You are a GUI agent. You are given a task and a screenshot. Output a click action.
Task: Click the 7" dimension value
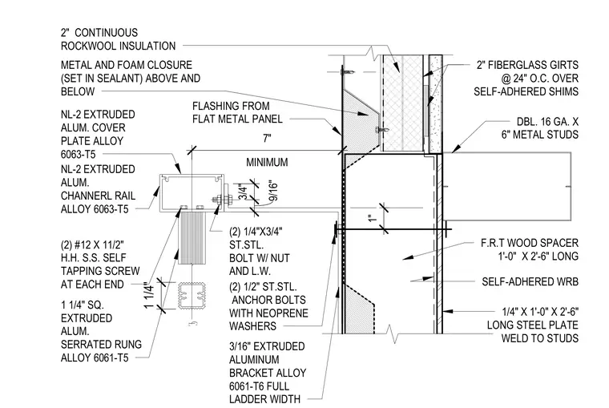[267, 139]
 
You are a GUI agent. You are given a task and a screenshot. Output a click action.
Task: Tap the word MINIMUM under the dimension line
[267, 162]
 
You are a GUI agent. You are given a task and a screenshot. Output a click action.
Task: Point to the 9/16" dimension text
[273, 191]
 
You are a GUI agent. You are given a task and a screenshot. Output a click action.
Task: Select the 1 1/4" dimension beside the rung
[149, 295]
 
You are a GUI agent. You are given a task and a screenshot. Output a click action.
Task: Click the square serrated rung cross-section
[192, 295]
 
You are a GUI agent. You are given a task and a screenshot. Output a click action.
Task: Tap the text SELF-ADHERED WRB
[530, 281]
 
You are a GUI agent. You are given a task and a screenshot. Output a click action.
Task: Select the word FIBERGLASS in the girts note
[515, 65]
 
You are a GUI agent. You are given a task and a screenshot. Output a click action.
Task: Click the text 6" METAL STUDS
[540, 135]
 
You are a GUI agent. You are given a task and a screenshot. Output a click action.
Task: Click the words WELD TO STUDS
[540, 338]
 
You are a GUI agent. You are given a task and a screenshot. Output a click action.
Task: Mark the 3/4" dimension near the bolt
[243, 192]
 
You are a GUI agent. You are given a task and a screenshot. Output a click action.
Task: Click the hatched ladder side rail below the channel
[192, 237]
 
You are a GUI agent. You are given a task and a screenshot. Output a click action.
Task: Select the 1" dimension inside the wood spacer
[373, 218]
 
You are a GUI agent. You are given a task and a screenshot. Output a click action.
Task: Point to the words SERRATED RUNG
[102, 344]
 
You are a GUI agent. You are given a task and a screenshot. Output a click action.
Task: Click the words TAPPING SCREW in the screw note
[100, 271]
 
